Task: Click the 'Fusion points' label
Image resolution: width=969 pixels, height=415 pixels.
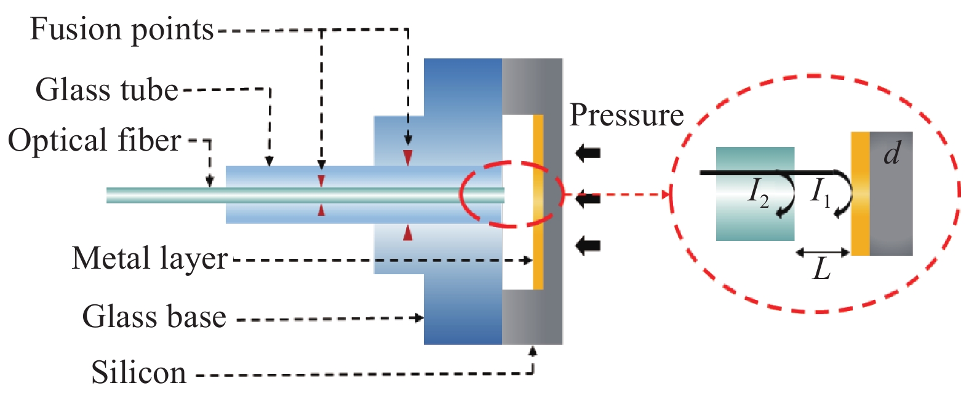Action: [122, 30]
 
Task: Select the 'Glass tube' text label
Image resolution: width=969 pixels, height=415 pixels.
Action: [106, 90]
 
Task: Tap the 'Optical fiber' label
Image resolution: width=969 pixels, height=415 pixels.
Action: [94, 140]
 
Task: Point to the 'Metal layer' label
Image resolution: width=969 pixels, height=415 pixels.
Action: [150, 259]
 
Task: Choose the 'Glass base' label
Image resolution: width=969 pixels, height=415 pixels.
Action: [154, 317]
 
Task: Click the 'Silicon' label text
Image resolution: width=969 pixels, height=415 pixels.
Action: [138, 373]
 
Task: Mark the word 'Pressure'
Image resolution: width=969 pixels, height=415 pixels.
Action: [626, 115]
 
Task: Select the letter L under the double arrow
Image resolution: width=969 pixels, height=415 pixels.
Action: [822, 269]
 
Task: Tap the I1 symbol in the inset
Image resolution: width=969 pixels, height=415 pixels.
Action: [821, 191]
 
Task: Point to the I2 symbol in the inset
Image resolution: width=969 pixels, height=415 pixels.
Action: [758, 192]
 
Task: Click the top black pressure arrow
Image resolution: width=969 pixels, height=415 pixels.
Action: [588, 152]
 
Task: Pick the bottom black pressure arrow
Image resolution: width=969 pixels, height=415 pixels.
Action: [588, 245]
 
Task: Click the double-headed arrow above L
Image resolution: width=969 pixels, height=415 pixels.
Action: [823, 252]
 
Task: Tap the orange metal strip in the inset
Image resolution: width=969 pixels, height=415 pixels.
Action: [860, 194]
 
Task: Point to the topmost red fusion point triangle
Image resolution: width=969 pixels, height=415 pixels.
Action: [407, 157]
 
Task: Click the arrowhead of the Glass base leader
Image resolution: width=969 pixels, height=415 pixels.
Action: [420, 318]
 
